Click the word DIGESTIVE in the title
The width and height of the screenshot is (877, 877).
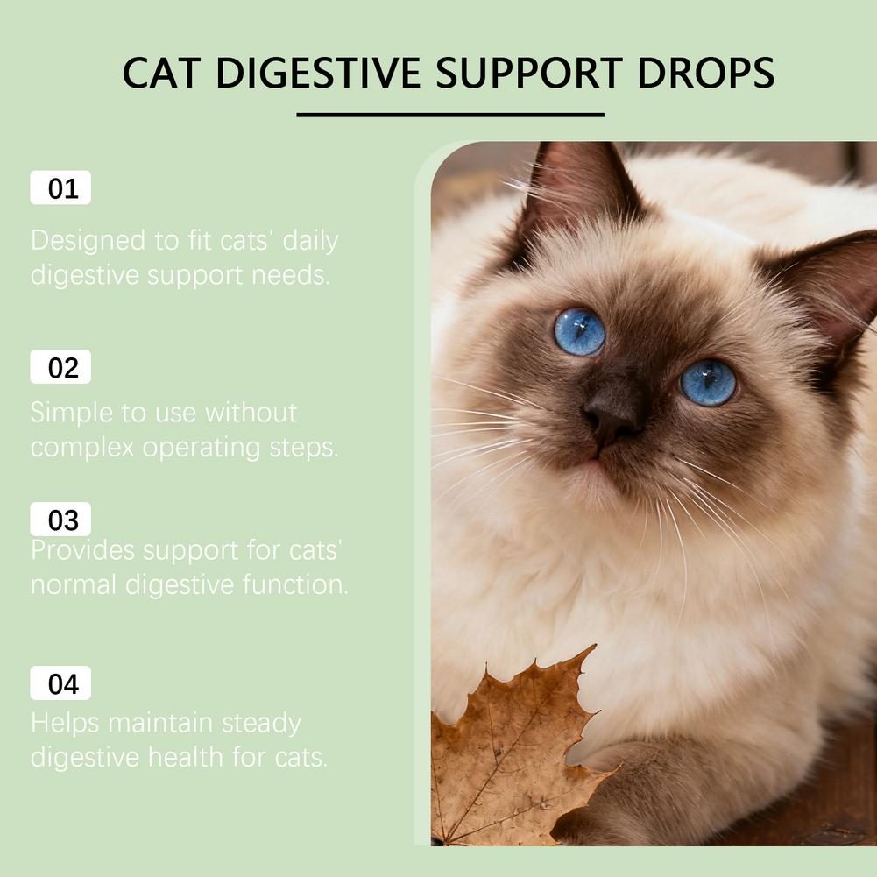tap(318, 73)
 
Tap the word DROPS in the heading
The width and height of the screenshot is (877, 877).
tap(705, 73)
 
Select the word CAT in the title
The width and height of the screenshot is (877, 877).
tap(161, 73)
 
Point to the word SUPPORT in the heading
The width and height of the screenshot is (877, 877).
tap(528, 73)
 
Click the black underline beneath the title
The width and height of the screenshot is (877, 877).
tap(450, 115)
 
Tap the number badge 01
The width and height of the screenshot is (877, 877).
tap(60, 187)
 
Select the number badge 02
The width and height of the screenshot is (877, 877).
tap(60, 367)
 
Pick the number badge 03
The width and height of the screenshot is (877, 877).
tap(60, 519)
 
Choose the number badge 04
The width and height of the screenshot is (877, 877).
tap(60, 683)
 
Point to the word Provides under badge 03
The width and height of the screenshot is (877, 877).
tap(82, 551)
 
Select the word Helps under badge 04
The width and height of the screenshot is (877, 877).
tap(65, 723)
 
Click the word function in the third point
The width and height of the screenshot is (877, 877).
tap(295, 584)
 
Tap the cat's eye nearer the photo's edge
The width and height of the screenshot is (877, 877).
tap(708, 383)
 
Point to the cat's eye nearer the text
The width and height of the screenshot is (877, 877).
tap(579, 332)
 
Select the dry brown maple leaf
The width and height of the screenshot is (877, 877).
tap(514, 749)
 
